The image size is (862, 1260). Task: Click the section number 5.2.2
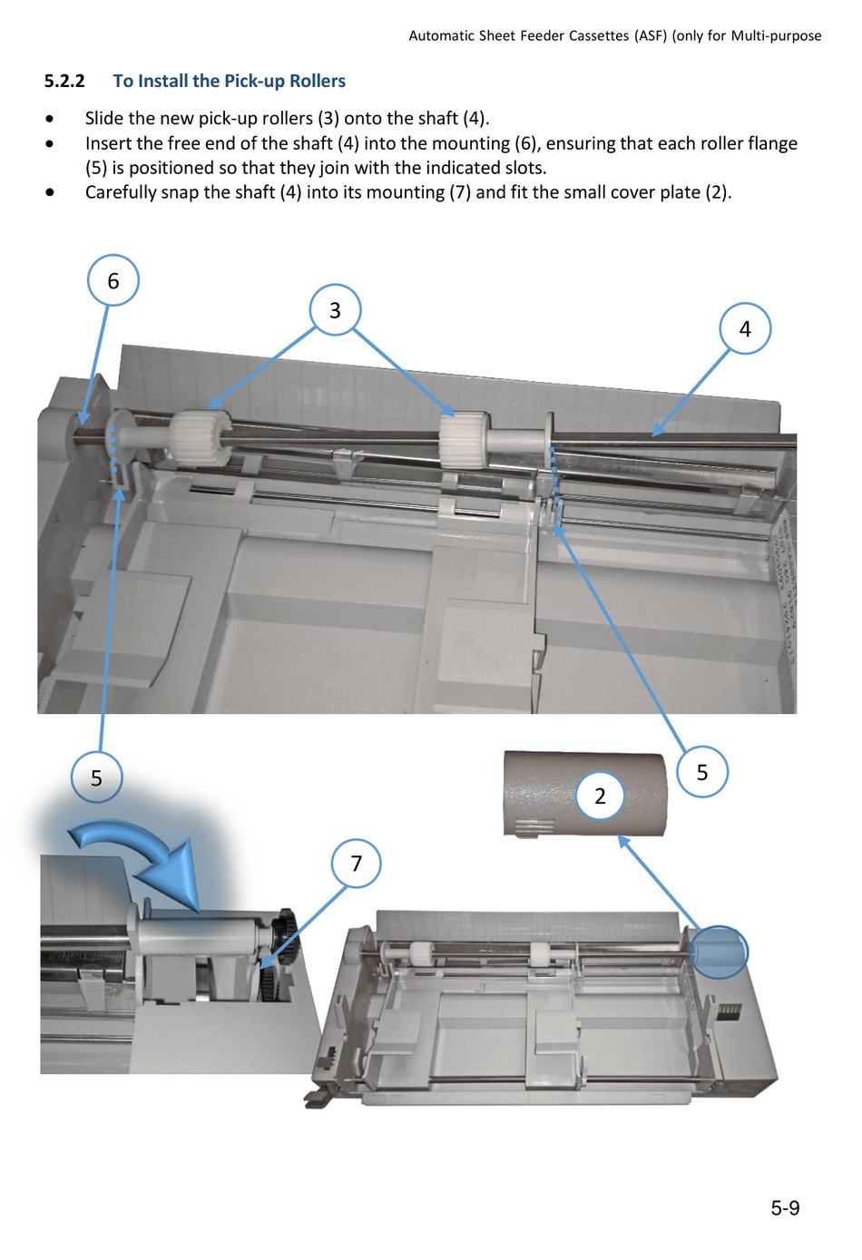pos(64,81)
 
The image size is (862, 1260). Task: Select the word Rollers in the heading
pos(318,81)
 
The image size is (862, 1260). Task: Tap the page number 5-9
pos(785,1207)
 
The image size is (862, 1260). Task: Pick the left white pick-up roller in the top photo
pos(200,436)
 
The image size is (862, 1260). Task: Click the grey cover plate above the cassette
pos(585,794)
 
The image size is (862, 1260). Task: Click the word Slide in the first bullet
pos(104,118)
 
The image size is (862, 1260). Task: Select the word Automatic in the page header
pos(440,36)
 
